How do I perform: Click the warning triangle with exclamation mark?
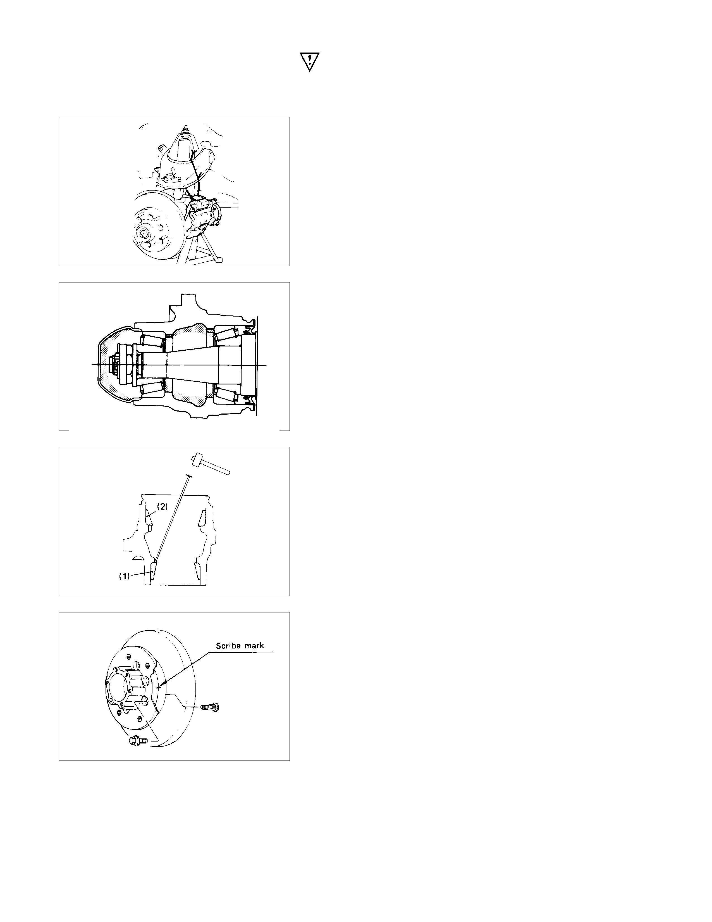point(310,62)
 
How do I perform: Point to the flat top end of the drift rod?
point(188,475)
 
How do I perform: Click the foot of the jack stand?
point(218,260)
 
